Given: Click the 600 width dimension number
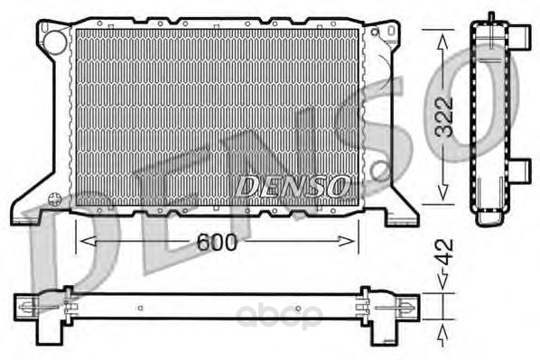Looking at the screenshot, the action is point(217,242).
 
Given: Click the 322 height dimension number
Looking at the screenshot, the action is point(444,117).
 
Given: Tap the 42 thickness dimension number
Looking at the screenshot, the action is point(444,253).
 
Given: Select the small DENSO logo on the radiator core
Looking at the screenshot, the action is point(292,187).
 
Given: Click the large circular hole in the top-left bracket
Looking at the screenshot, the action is point(55,42).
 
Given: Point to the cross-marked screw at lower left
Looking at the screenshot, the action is point(55,199).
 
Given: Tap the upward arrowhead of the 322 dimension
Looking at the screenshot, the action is point(442,42).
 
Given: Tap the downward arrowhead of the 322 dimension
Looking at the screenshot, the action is point(442,192).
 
